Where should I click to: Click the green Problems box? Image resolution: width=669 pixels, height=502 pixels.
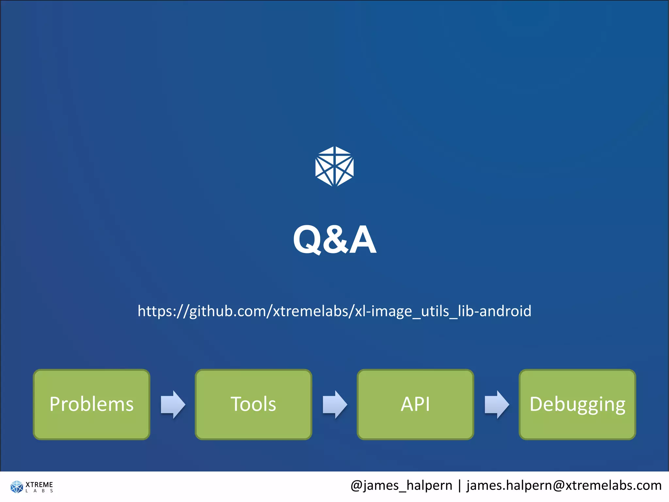click(91, 404)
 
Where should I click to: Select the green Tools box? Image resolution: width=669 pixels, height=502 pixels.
click(253, 404)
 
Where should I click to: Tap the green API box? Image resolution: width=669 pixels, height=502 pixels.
click(415, 404)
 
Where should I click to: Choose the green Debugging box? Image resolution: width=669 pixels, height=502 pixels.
click(577, 404)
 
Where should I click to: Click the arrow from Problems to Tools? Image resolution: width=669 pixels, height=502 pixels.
click(173, 404)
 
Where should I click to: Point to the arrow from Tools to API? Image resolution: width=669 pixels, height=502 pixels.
click(335, 404)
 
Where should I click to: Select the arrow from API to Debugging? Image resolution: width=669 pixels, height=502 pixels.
click(497, 404)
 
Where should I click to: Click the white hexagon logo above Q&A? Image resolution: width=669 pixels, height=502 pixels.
click(334, 166)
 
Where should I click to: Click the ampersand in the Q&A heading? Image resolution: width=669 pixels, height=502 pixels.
click(335, 240)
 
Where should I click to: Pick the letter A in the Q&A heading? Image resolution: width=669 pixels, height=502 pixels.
click(363, 240)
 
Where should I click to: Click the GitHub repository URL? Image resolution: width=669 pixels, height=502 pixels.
click(334, 311)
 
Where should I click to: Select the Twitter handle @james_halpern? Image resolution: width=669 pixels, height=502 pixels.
click(401, 486)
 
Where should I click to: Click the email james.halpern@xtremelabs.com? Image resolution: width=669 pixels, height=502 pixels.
click(564, 486)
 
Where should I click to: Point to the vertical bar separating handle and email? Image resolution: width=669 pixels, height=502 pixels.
click(460, 486)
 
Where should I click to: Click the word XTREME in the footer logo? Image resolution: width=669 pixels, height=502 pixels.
click(39, 484)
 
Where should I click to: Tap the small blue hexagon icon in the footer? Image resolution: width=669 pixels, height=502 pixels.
click(17, 487)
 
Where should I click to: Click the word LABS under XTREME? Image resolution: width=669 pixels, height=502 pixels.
click(39, 491)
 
